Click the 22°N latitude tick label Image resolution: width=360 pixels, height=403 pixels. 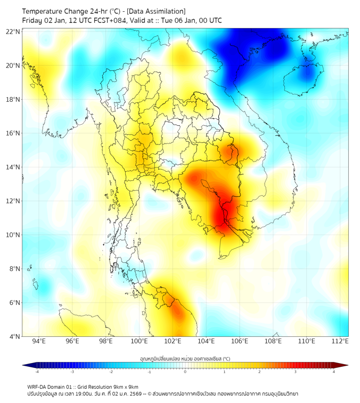coord(13,32)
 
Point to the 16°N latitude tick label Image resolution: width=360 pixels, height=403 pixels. coord(13,133)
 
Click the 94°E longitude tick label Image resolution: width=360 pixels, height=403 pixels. coord(39,341)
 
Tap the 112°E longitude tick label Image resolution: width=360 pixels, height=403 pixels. coord(340,341)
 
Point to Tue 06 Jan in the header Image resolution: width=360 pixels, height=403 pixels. coord(182,21)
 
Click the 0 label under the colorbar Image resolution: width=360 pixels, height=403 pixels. coord(185,372)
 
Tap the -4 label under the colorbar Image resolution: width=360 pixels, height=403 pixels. coord(37,372)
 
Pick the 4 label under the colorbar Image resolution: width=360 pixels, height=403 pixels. coord(333,372)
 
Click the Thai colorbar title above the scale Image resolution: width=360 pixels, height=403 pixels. coord(185,359)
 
